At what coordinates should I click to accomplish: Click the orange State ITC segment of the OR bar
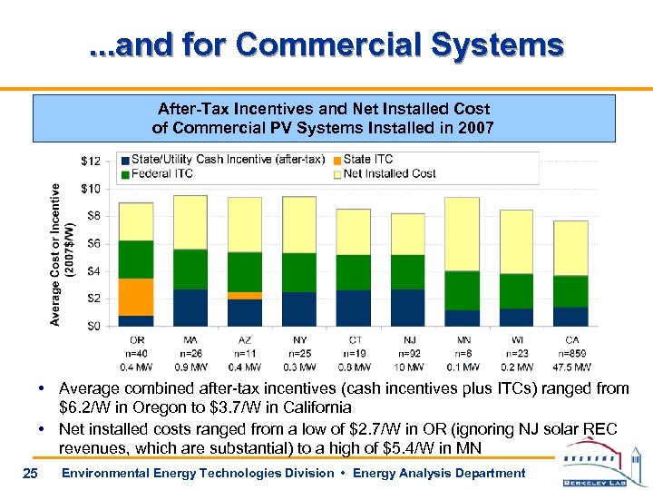[136, 297]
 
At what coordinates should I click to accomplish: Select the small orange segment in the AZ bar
[245, 296]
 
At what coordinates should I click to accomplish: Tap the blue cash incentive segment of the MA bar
[190, 308]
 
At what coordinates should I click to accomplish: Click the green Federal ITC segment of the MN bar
[462, 290]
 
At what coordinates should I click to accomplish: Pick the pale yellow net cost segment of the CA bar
[570, 248]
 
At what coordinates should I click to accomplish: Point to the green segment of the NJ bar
[407, 272]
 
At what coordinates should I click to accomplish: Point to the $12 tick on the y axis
[91, 162]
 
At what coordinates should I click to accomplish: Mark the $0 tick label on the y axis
[93, 326]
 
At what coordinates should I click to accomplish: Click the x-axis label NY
[299, 339]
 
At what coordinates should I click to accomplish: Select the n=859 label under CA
[570, 353]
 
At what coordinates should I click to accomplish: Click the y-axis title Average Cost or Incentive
[56, 254]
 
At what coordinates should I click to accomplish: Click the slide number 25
[30, 473]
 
